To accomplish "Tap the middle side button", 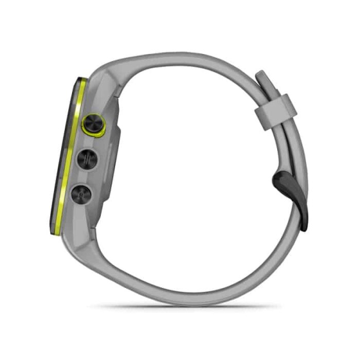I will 87,159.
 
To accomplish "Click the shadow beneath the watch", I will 185,307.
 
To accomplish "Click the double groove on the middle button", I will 87,159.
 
